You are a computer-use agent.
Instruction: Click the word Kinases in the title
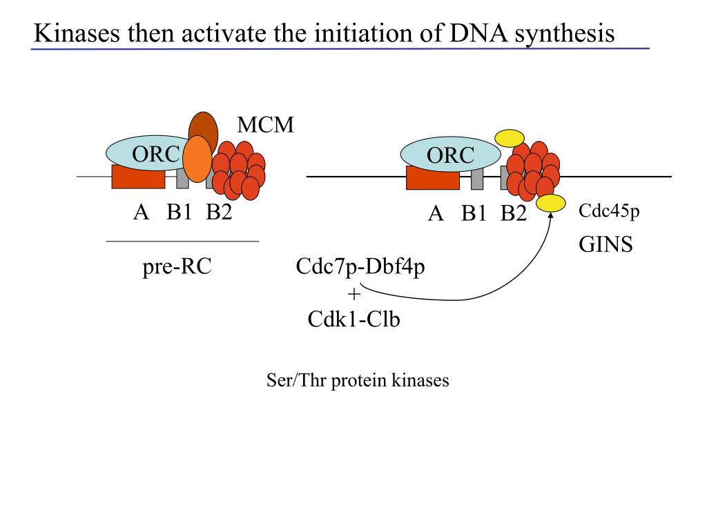(77, 33)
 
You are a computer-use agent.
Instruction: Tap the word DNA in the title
(478, 33)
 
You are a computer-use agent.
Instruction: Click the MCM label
(266, 125)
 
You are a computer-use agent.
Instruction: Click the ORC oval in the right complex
(450, 155)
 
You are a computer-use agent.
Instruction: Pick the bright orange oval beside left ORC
(197, 159)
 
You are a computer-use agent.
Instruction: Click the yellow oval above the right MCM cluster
(510, 137)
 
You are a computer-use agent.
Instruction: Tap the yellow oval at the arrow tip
(551, 204)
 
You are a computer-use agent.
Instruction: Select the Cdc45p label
(609, 211)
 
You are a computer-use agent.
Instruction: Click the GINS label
(606, 244)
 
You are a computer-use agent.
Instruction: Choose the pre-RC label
(177, 266)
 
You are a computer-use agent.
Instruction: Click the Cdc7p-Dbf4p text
(360, 266)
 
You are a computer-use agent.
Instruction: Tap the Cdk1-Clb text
(354, 319)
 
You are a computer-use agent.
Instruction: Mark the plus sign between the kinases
(354, 294)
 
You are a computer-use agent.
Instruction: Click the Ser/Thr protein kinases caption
(358, 380)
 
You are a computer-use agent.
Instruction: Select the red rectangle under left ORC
(138, 177)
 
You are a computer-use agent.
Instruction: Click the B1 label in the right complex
(474, 213)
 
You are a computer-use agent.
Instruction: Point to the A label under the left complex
(141, 212)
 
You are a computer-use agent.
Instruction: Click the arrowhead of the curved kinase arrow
(550, 215)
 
